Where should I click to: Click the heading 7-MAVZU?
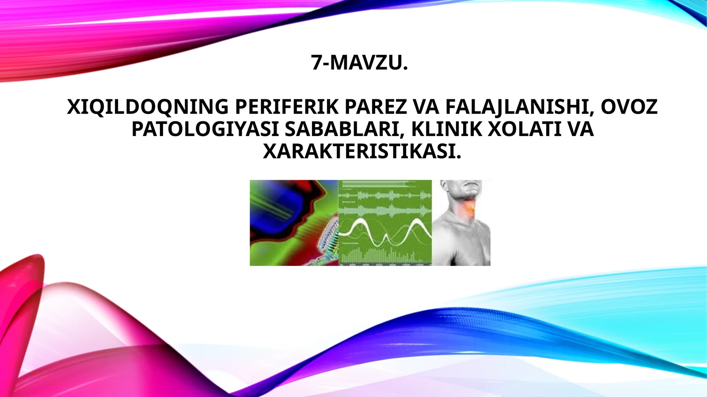tap(359, 62)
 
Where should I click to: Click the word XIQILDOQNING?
tap(148, 107)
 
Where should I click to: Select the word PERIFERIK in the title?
tap(286, 107)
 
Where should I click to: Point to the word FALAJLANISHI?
tap(519, 107)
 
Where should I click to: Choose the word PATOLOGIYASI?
tap(205, 129)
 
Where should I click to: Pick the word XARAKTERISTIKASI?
tap(362, 151)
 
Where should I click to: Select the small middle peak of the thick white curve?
tap(386, 238)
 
